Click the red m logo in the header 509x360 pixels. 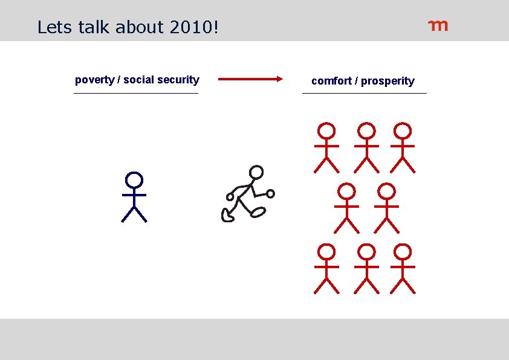pos(438,25)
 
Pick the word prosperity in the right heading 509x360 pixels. pos(387,81)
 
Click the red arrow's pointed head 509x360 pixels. pos(279,79)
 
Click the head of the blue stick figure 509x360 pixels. pos(134,179)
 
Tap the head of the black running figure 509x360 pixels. pos(257,173)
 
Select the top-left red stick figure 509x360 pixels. pos(326,147)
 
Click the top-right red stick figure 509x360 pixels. pos(403,147)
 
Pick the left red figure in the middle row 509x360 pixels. pos(346,208)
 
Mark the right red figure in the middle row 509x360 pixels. pos(386,208)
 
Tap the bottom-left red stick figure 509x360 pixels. pos(326,268)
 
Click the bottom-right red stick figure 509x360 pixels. pos(403,268)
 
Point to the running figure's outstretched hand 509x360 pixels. pos(271,193)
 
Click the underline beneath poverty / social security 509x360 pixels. pos(136,94)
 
